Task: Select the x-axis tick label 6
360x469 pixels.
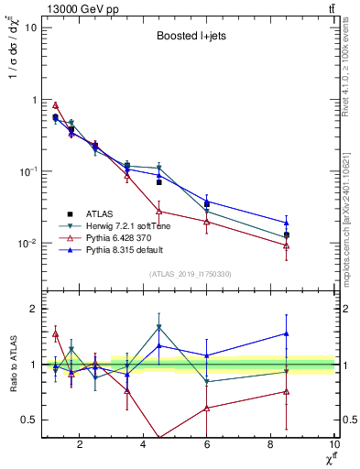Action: coord(207,444)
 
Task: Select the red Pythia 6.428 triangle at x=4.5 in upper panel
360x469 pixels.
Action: coord(159,211)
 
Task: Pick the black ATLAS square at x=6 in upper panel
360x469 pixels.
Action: coord(207,203)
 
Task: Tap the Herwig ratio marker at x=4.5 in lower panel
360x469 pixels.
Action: coord(159,327)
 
